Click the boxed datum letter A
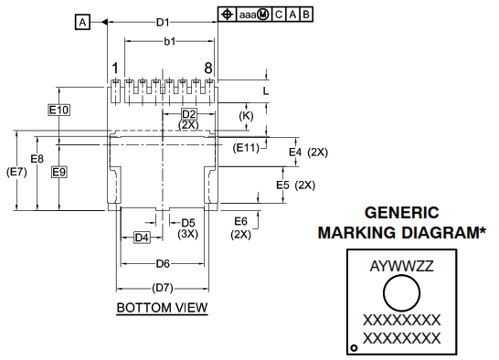click(x=83, y=22)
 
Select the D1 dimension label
click(x=163, y=21)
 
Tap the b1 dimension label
click(x=169, y=42)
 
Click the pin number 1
click(x=115, y=69)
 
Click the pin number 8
click(x=208, y=69)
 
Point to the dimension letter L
click(x=266, y=91)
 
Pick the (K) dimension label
click(x=246, y=116)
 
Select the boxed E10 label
click(x=58, y=110)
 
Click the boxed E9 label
click(x=58, y=172)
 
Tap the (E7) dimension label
click(x=16, y=172)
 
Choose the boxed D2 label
click(x=189, y=113)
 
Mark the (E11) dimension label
click(x=246, y=147)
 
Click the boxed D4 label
click(x=142, y=238)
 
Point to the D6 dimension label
click(x=162, y=263)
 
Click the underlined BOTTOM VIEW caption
click(x=162, y=308)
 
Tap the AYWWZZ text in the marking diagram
click(x=401, y=268)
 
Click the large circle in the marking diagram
click(x=401, y=295)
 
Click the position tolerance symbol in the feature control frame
click(x=226, y=15)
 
